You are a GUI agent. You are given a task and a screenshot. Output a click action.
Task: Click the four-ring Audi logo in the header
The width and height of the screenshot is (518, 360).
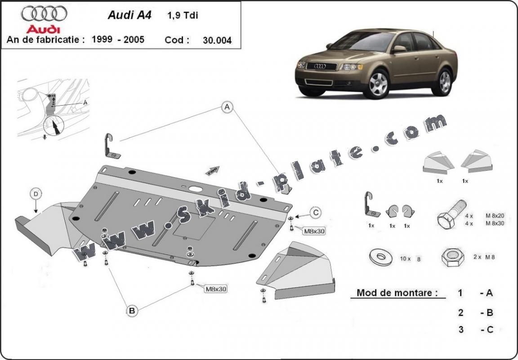click(44, 13)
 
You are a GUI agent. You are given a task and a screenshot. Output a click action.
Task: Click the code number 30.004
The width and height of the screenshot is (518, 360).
click(217, 40)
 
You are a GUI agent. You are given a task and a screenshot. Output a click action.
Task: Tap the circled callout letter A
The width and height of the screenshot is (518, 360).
click(228, 107)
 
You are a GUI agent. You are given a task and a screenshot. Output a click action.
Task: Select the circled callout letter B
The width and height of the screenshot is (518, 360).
click(132, 310)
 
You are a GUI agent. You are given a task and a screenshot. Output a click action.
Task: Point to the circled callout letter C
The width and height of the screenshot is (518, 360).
click(316, 212)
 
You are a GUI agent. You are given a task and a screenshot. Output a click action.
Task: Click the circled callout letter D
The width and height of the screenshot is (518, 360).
click(36, 194)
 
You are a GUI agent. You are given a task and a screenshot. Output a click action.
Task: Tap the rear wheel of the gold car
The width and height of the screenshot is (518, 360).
click(445, 81)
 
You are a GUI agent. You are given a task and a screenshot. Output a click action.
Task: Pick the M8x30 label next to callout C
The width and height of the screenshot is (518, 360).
click(313, 231)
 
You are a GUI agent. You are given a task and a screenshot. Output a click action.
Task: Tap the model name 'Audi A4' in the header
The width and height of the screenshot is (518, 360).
click(129, 15)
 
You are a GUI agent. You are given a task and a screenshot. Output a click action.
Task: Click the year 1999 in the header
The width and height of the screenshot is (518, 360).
click(102, 39)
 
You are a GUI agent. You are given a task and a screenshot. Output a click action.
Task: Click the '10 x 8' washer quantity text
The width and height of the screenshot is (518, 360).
click(410, 259)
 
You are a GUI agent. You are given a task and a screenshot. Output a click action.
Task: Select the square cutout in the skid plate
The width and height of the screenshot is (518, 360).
click(191, 227)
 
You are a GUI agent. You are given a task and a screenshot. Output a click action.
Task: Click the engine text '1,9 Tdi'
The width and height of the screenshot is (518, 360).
click(183, 15)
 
